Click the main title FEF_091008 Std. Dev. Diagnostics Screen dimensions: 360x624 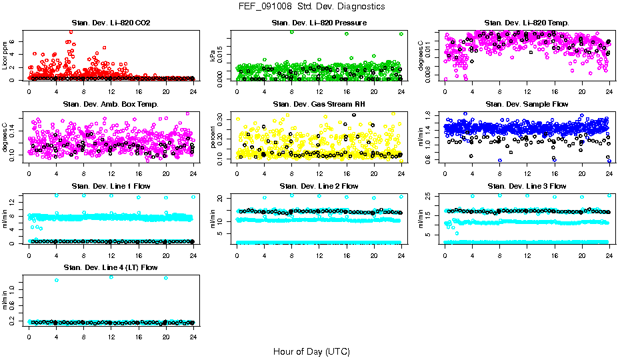(311, 7)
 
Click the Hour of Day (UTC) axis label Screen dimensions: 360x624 (311, 351)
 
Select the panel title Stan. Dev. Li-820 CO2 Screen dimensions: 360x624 (111, 23)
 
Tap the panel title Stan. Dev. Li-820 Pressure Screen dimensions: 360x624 (319, 23)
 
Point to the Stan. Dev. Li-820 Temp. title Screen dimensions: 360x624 (527, 23)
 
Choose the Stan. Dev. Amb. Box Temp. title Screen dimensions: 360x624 (111, 105)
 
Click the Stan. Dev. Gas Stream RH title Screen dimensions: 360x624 (319, 105)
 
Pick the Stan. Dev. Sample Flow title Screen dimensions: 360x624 (527, 105)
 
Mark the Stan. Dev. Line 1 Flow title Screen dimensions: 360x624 (111, 186)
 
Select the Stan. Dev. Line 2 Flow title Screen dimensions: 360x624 (319, 186)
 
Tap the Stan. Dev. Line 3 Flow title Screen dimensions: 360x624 (527, 186)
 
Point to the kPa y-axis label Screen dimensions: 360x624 (213, 56)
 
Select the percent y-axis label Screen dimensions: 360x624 (213, 137)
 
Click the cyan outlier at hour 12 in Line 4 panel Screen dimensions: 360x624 (111, 277)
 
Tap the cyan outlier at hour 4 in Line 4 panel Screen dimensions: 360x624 (56, 280)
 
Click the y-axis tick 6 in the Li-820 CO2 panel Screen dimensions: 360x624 (15, 41)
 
